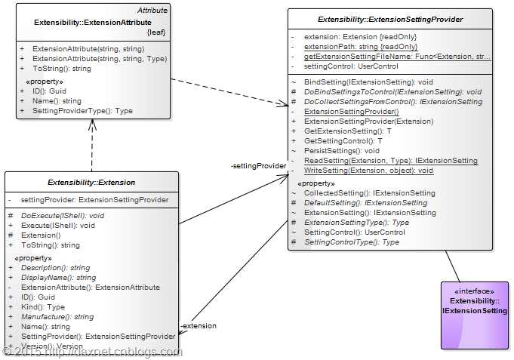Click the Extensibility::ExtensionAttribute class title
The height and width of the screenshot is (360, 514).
(x=93, y=23)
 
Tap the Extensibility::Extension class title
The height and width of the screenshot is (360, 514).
(x=91, y=182)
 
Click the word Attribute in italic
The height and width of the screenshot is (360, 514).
(x=152, y=11)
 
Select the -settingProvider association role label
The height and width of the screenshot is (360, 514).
(x=258, y=166)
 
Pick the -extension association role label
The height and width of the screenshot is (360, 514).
(x=199, y=326)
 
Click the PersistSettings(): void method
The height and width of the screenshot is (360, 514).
(x=342, y=151)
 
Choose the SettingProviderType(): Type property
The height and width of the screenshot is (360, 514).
(x=82, y=111)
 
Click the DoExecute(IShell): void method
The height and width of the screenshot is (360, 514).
(x=63, y=215)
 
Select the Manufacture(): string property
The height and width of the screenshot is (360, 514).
(x=57, y=317)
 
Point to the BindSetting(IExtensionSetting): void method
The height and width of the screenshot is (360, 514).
(x=368, y=82)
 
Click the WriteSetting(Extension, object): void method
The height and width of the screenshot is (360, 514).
(x=368, y=171)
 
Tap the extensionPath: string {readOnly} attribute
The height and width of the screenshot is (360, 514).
(x=361, y=47)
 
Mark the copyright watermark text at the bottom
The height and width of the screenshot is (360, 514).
(x=91, y=352)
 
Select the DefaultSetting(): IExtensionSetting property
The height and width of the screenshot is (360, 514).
(x=365, y=203)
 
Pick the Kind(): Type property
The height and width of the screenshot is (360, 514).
(x=43, y=307)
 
